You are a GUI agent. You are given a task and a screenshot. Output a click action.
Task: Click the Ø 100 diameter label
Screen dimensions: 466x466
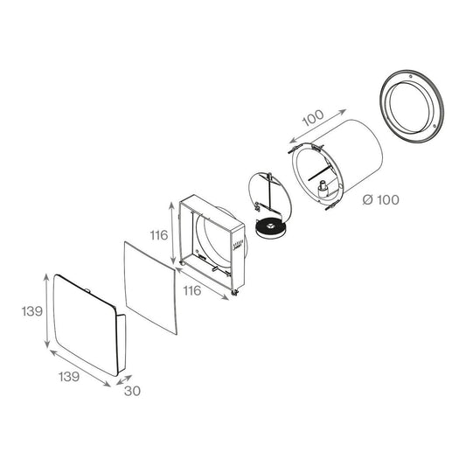tap(380, 199)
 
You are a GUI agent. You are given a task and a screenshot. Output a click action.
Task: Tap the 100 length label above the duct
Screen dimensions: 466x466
tap(313, 118)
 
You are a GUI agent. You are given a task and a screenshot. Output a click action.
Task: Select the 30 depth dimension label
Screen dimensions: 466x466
tap(133, 391)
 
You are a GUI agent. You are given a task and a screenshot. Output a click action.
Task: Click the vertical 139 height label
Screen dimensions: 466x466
tap(32, 311)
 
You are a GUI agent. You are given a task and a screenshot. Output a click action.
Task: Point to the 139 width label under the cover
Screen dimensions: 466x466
tap(69, 377)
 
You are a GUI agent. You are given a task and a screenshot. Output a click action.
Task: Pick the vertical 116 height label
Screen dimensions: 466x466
tap(159, 235)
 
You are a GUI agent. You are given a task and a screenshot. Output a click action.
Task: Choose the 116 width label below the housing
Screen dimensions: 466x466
tap(192, 290)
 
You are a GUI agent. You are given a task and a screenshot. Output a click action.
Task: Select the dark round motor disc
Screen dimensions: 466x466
tap(271, 228)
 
